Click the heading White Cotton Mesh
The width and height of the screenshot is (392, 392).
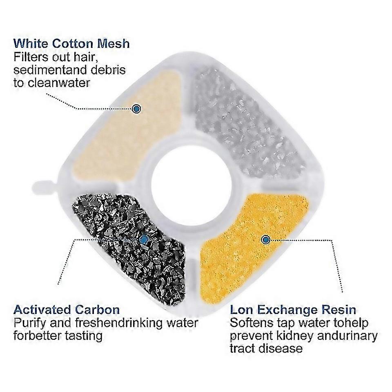71,43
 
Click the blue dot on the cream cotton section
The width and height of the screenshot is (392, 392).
137,109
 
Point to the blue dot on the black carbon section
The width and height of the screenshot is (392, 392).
143,240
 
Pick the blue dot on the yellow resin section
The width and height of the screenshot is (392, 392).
266,239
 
